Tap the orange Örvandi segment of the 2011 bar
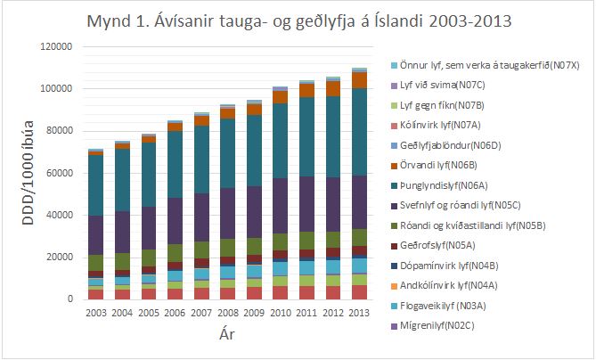click(306, 90)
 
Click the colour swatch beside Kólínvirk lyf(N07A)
click(394, 127)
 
